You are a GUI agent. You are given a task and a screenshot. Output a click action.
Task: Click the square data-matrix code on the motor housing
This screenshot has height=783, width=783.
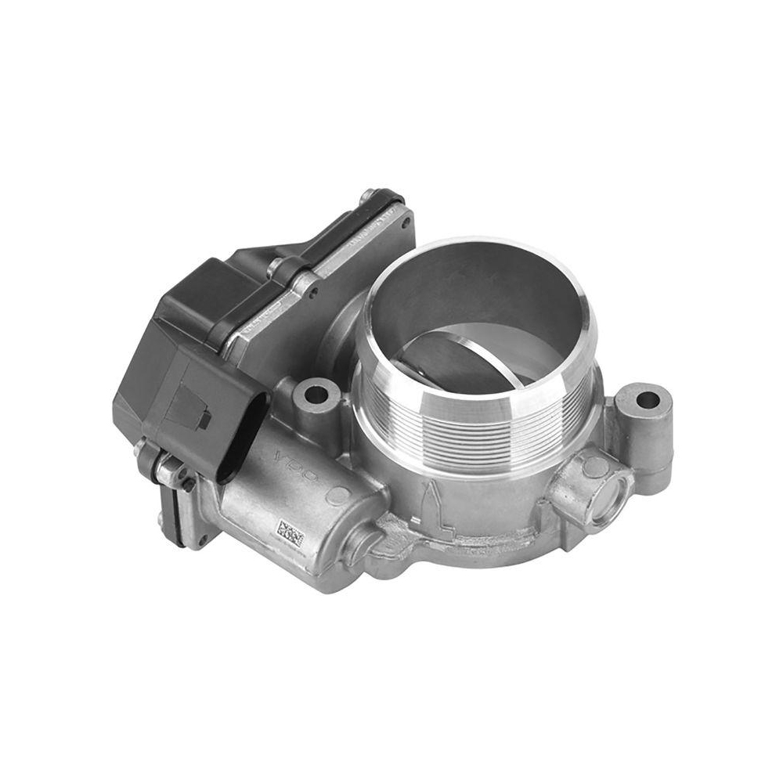click(x=291, y=536)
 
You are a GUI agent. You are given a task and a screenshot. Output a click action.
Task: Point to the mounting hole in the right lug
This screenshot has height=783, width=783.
click(x=648, y=400)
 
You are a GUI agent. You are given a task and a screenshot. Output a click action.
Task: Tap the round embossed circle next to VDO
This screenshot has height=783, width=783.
click(x=338, y=495)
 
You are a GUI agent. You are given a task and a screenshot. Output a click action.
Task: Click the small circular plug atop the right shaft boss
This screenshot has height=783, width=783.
click(x=595, y=467)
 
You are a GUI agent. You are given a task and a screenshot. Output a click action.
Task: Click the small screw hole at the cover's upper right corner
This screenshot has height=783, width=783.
click(x=405, y=222)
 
